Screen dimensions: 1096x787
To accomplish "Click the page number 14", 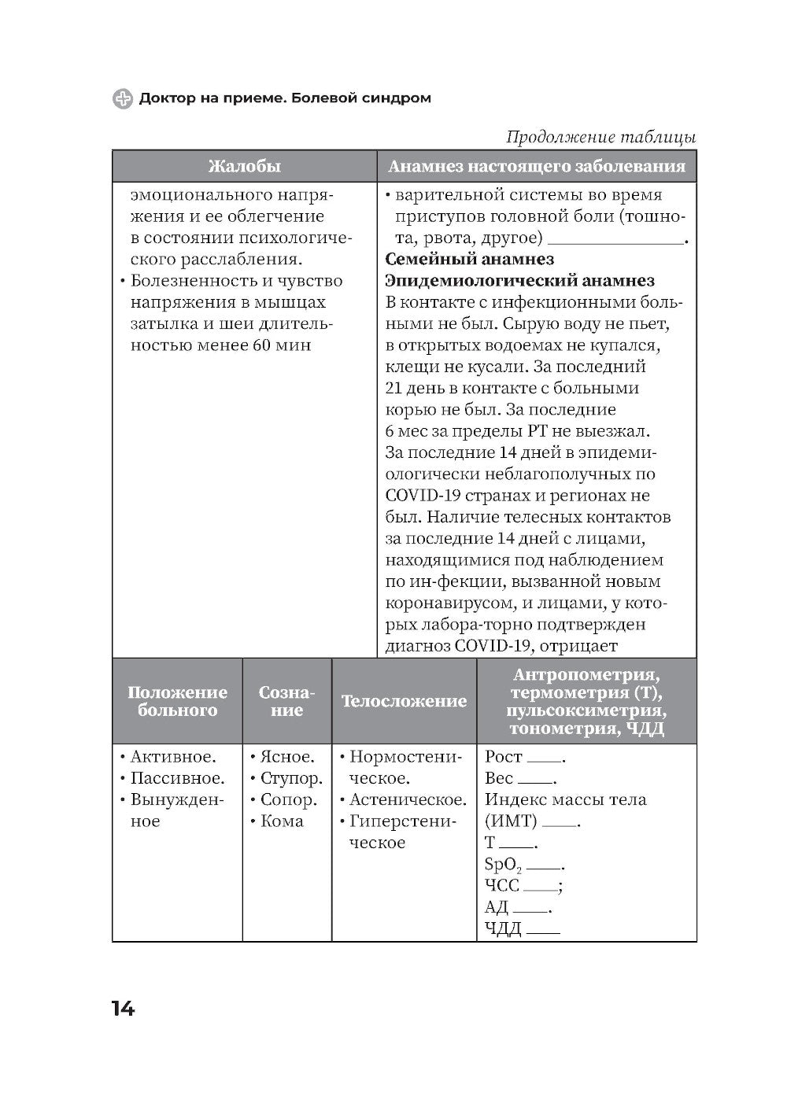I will pos(124,1009).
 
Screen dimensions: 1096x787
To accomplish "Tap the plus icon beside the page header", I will pos(123,98).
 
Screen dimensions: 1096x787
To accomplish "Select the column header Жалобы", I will pos(244,167).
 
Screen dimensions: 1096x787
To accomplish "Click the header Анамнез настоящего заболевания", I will pos(537,167).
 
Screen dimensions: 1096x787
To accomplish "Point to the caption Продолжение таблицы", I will pos(600,137).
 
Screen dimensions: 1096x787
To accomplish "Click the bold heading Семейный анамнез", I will pos(470,259).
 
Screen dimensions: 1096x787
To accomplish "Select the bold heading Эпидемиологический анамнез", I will pos(520,281).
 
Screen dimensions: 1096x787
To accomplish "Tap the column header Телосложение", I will pos(404,701).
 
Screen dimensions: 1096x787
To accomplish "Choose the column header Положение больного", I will pos(177,701).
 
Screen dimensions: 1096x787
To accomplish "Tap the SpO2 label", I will pos(503,865).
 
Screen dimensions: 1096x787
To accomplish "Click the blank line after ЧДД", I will pos(543,932).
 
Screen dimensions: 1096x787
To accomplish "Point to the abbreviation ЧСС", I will pos(502,886).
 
